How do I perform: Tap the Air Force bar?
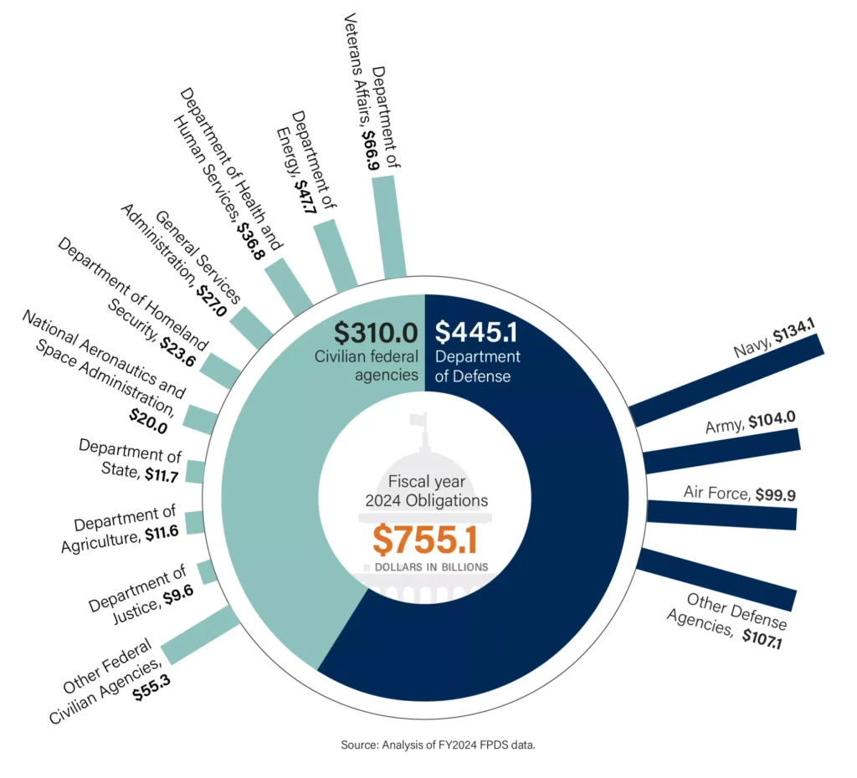coord(721,514)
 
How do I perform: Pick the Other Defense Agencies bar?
coord(716,578)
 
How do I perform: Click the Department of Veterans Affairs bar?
coord(388,226)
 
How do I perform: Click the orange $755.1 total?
coord(424,540)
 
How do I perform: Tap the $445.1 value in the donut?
coord(478,332)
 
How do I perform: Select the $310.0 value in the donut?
coord(375,332)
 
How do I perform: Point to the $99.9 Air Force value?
coord(775,494)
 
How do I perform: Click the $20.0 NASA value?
coord(148,426)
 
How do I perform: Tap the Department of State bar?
coord(195,472)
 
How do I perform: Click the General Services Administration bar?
coord(251,327)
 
